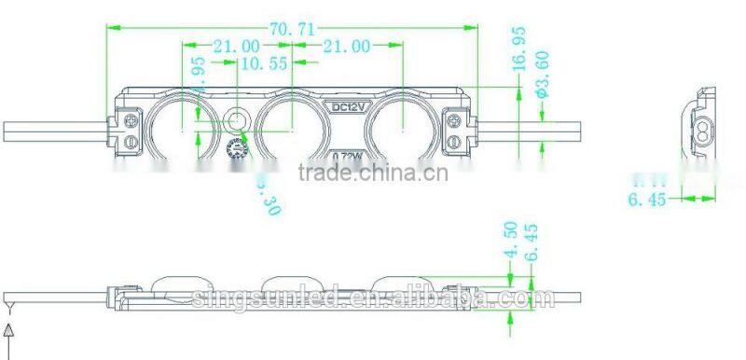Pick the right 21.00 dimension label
pos(347,46)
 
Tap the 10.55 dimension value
pos(263,64)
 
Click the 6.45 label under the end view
pos(644,199)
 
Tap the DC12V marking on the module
pos(352,106)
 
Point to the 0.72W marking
pos(350,153)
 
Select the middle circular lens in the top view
pos(290,128)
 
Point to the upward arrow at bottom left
pos(9,331)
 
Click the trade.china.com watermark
pos(372,174)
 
